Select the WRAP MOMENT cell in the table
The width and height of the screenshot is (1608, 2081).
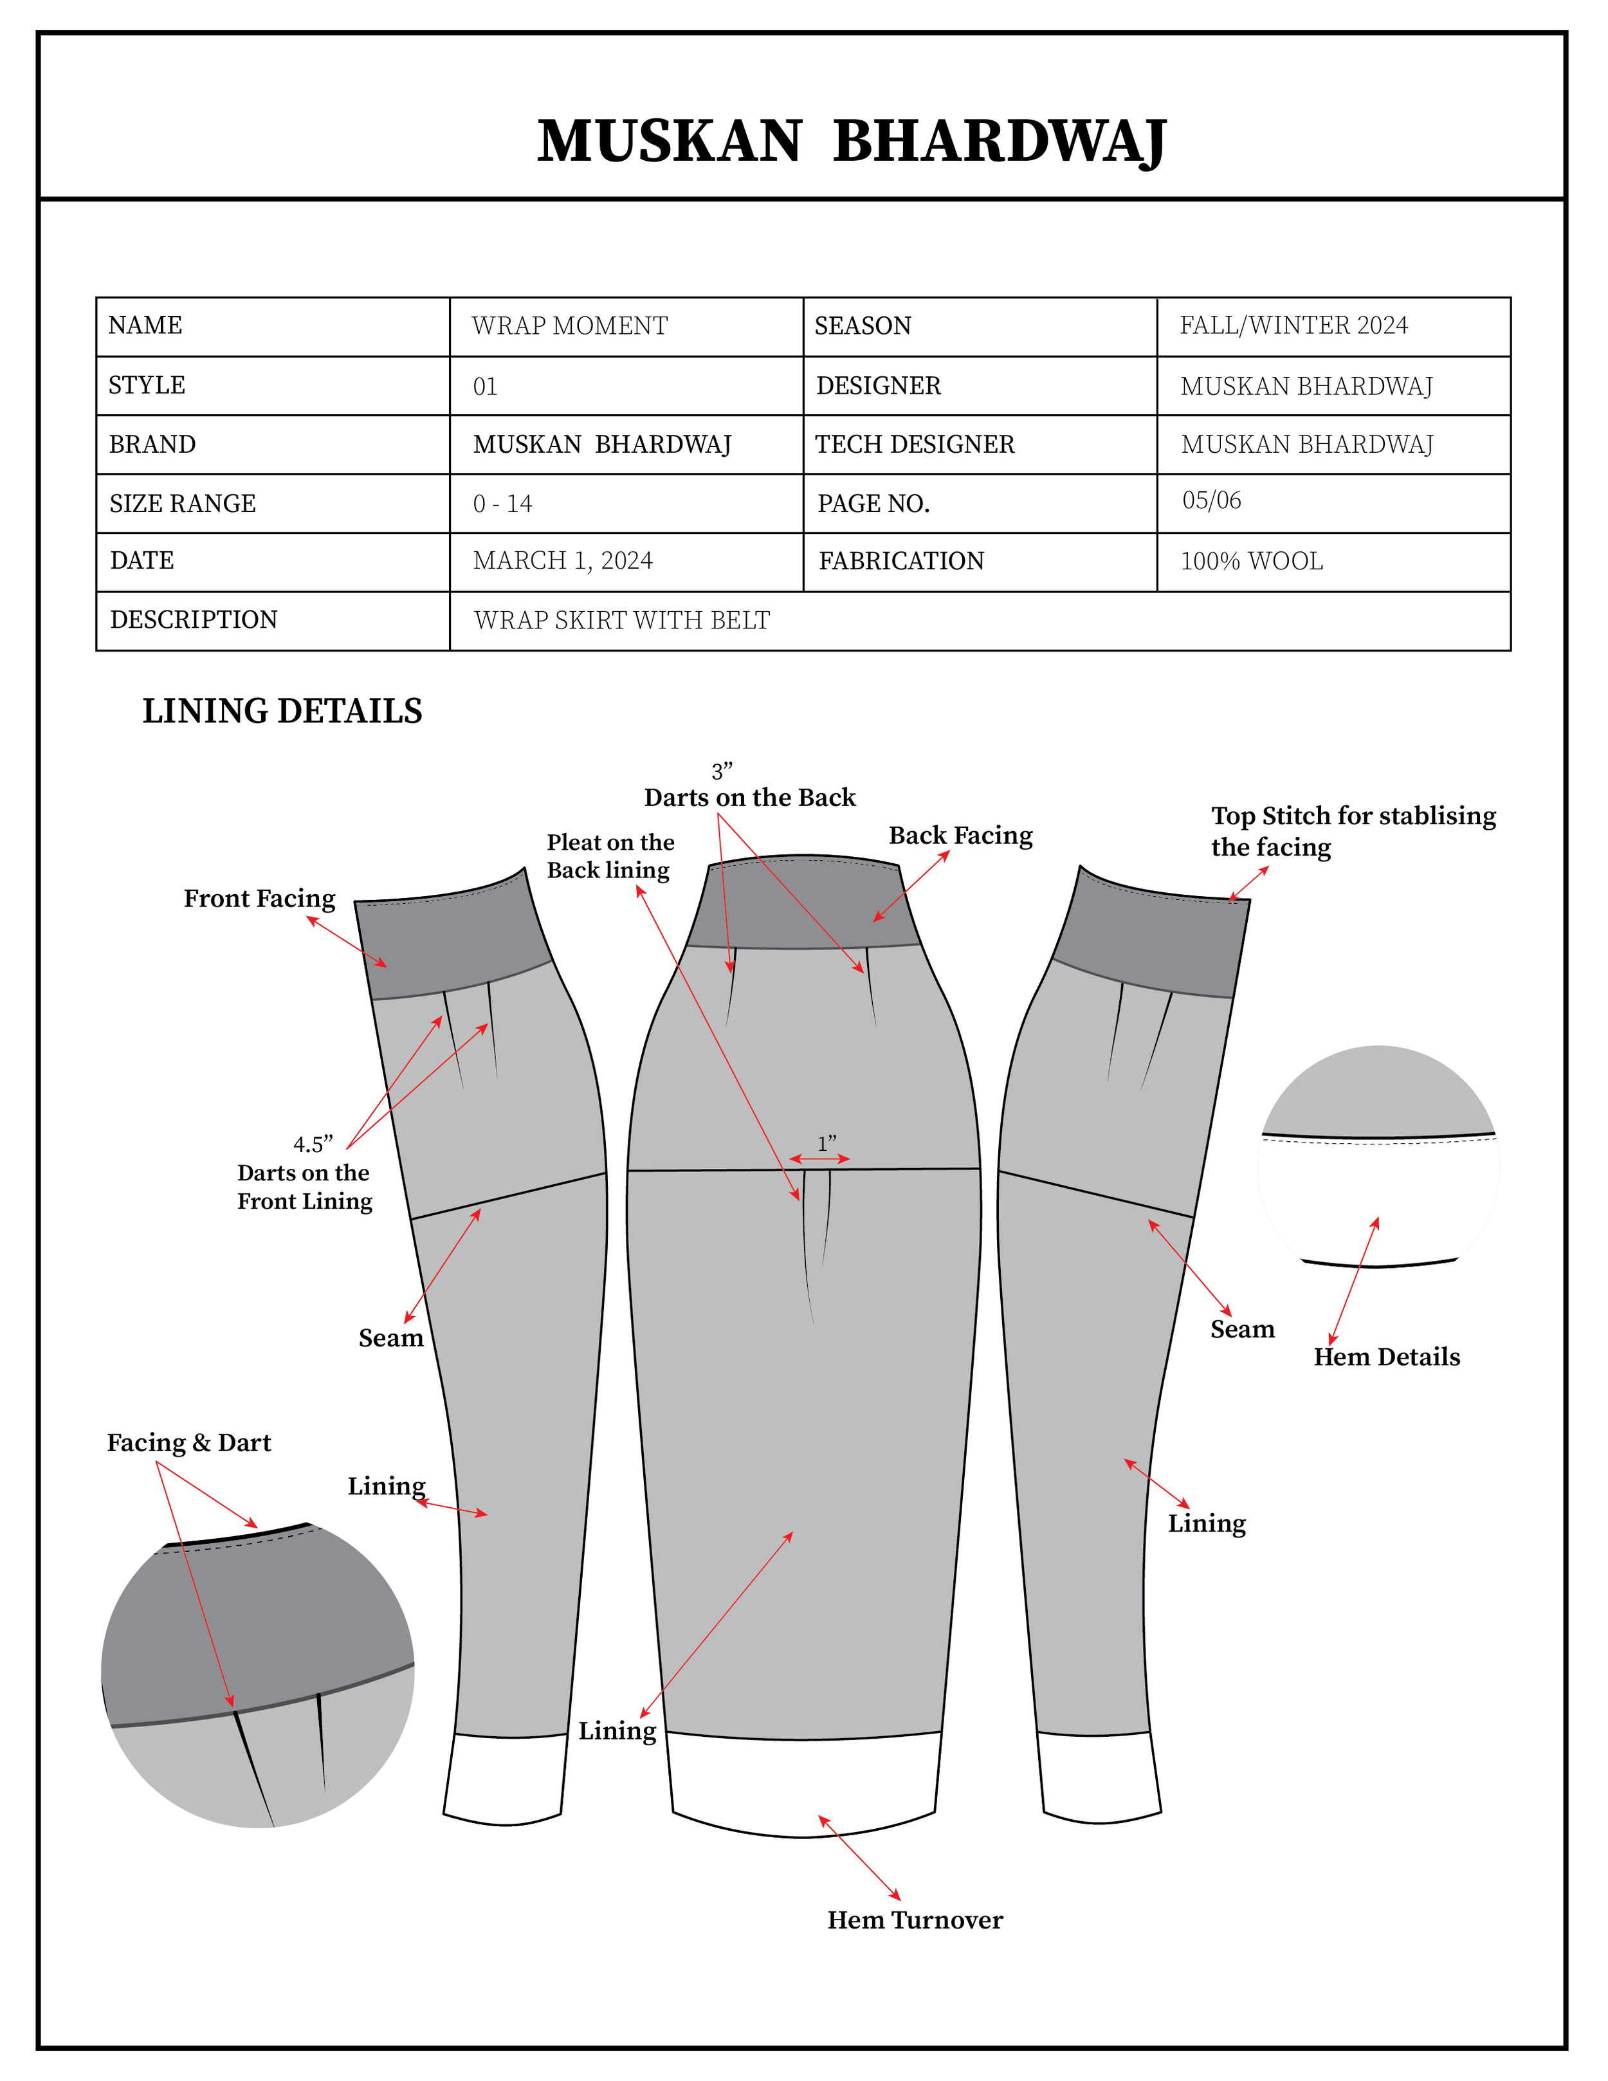click(x=570, y=326)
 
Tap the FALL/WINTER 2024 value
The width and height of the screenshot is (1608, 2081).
click(x=1293, y=326)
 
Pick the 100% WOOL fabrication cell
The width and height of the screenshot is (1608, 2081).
click(x=1251, y=561)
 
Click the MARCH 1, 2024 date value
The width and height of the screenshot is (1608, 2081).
click(x=562, y=560)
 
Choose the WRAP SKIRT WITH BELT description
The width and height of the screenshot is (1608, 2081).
click(x=621, y=620)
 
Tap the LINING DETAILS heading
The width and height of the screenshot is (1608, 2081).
click(x=282, y=711)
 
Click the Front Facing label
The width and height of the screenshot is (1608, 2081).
click(x=259, y=899)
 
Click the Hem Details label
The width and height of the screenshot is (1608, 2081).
click(x=1386, y=1357)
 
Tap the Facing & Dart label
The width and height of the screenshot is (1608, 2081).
click(x=188, y=1443)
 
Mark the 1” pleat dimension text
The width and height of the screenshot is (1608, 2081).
click(x=826, y=1142)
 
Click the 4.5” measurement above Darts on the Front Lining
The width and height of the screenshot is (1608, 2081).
click(x=313, y=1144)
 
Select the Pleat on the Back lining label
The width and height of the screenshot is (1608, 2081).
click(x=610, y=856)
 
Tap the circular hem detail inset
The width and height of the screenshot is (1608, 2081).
click(x=1378, y=1158)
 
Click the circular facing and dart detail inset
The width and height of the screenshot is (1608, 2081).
click(x=257, y=1677)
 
